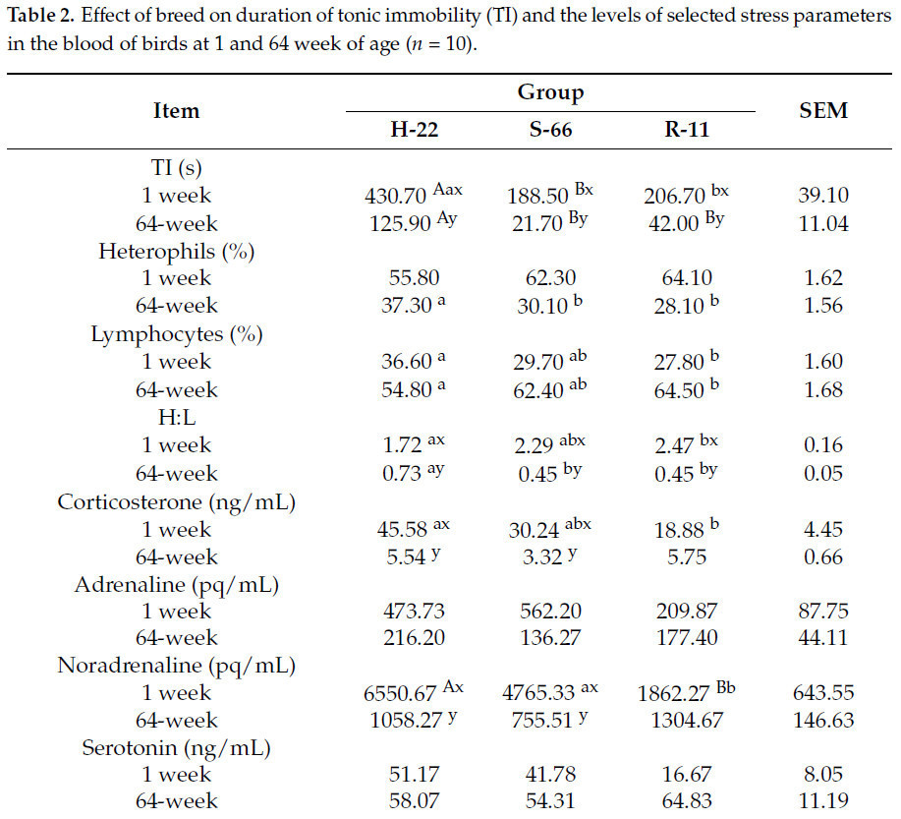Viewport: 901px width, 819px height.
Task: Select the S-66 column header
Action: [539, 132]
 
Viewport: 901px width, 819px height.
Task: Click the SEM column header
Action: [823, 111]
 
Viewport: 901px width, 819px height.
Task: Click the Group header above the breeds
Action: [550, 92]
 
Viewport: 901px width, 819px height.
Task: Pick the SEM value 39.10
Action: [823, 196]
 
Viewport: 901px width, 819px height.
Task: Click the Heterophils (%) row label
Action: [177, 251]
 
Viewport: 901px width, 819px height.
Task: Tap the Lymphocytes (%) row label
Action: [177, 334]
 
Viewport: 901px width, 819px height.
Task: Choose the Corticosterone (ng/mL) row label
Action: [177, 501]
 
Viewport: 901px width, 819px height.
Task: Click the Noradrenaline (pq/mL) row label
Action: [177, 666]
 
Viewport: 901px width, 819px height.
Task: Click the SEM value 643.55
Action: [823, 693]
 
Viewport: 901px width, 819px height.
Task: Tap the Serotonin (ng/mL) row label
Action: [177, 748]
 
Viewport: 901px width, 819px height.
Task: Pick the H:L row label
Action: [177, 418]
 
